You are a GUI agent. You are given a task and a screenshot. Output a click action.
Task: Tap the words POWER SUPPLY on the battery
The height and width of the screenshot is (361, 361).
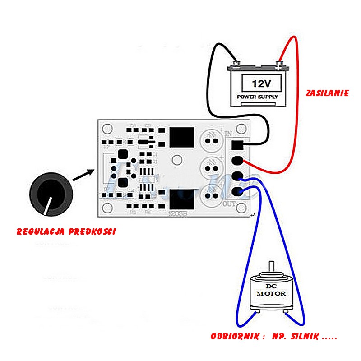[x=258, y=97]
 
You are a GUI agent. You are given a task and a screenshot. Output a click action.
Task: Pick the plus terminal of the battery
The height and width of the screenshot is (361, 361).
[x=279, y=66]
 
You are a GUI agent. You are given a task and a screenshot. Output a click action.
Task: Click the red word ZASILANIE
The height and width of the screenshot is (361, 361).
[x=327, y=93]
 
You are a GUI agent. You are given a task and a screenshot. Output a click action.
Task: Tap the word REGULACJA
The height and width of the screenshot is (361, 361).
[x=41, y=232]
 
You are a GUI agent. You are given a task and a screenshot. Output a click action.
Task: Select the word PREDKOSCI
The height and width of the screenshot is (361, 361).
[x=93, y=232]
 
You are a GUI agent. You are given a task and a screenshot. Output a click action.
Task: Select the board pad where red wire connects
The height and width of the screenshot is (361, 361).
[x=238, y=161]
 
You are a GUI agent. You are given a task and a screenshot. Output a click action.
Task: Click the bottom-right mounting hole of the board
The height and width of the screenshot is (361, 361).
[x=242, y=208]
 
